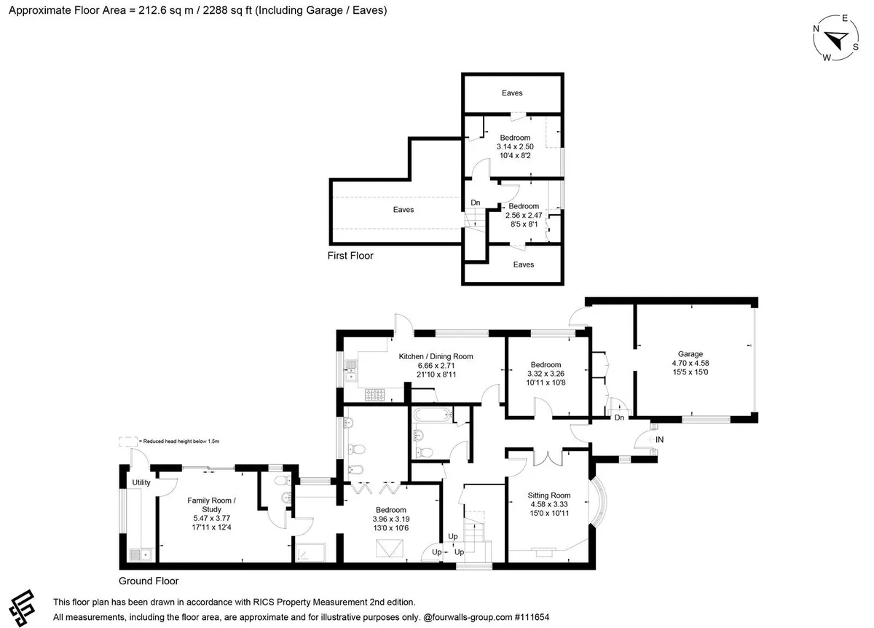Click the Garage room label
coord(690,354)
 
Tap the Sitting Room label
coord(549,495)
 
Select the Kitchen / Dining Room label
coord(436,356)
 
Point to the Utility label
coord(141,482)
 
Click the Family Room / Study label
coord(211,505)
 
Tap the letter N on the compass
coord(816,28)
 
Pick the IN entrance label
coord(659,439)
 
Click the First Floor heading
coord(350,256)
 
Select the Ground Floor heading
coord(149,581)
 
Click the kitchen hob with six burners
coord(374,395)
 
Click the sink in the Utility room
coord(141,554)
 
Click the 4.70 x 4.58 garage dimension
coord(690,363)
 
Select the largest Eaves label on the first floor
coord(403,210)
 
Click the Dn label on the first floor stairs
coord(475,203)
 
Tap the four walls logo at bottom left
coord(23,608)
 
